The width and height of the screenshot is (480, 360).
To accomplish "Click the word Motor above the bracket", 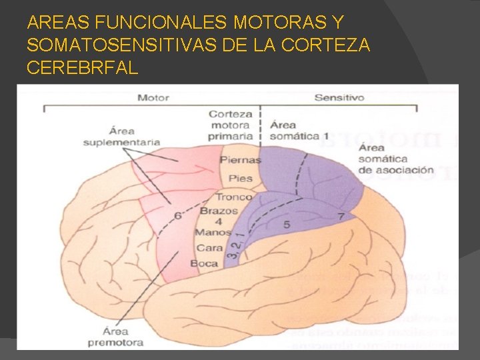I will (153, 97).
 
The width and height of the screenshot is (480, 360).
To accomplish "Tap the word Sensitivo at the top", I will (339, 97).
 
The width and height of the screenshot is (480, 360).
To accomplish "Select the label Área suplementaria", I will (121, 136).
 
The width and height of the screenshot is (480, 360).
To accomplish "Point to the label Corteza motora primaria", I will (231, 125).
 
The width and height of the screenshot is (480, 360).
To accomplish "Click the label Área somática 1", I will (299, 130).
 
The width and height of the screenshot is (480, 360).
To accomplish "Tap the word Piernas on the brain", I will (235, 160).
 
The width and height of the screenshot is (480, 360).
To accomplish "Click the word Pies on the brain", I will (240, 179).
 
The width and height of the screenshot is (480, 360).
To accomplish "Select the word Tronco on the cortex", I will (233, 197).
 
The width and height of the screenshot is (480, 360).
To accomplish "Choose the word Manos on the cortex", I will (213, 233).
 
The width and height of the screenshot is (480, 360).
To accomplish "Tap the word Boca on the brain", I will (204, 263).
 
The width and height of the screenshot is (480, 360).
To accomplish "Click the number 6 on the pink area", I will (177, 216).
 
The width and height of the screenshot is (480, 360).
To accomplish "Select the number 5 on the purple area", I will (287, 225).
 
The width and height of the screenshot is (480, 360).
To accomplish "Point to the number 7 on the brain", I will (341, 216).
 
